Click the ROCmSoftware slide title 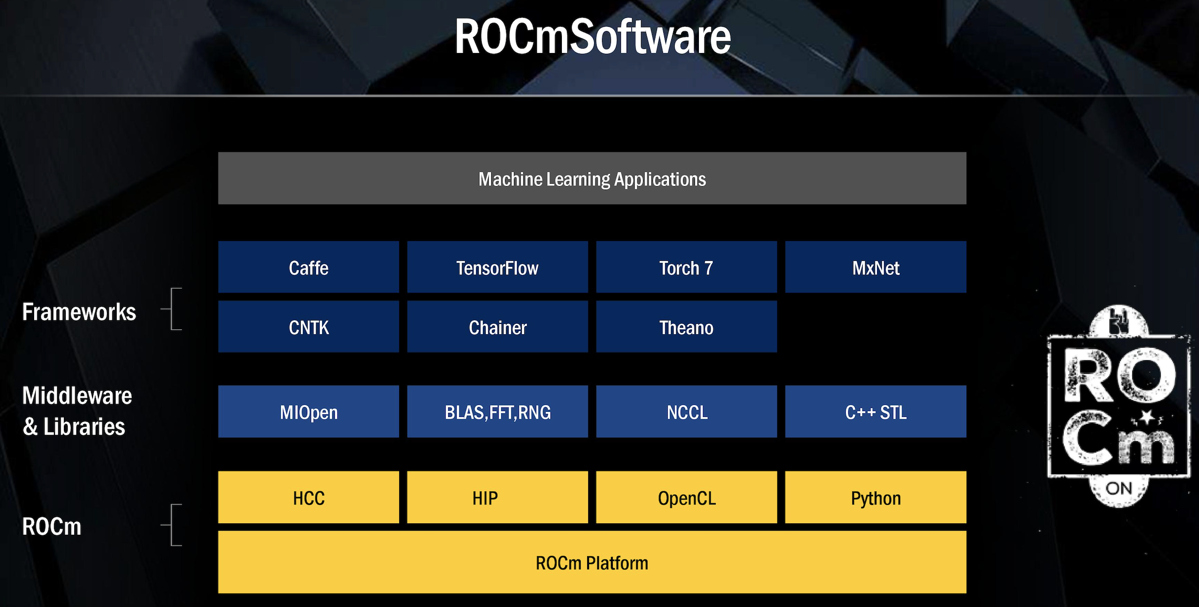point(593,37)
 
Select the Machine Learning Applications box point(592,178)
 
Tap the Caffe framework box point(309,267)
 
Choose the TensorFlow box point(497,267)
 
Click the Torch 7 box point(686,267)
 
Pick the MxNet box point(876,267)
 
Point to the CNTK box point(309,327)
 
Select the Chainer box point(497,327)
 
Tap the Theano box point(686,327)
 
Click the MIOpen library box point(309,412)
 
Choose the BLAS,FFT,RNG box point(497,412)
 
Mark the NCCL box point(686,412)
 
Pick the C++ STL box point(876,412)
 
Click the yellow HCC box point(309,498)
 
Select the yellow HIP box point(497,498)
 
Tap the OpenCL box point(686,498)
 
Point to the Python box point(876,498)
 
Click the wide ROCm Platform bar point(592,562)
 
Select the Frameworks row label point(79,312)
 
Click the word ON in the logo point(1119,489)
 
